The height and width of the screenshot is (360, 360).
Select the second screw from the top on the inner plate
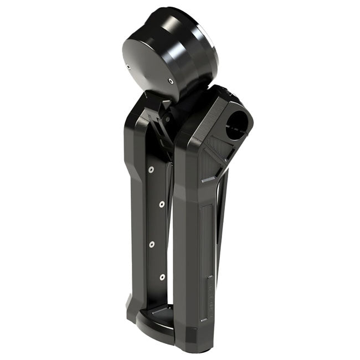[x=161, y=204]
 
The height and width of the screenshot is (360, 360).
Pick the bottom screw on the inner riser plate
[x=162, y=276]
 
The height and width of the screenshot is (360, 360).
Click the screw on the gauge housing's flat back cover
[x=171, y=81]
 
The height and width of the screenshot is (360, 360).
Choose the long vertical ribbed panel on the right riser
[x=207, y=238]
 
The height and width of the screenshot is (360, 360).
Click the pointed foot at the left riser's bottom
[x=128, y=307]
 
